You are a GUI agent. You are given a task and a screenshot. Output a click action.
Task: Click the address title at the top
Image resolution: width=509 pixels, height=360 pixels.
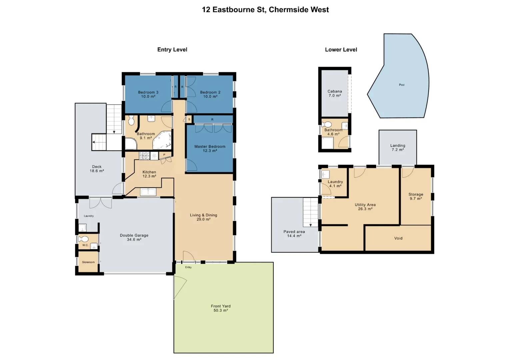[265, 10]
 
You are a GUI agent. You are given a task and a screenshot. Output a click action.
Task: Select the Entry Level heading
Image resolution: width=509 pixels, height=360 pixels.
[172, 50]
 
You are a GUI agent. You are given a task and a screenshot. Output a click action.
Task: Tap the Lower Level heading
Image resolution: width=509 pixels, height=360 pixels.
[341, 50]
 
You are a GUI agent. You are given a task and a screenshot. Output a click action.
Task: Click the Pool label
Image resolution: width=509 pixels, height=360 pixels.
[402, 85]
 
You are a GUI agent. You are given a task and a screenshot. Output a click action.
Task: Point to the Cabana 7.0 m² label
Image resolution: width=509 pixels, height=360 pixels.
[335, 93]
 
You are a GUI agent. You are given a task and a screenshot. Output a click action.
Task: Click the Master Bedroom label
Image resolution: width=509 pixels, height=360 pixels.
[210, 149]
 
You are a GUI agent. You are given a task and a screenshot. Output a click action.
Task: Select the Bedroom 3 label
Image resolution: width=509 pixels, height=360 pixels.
[148, 94]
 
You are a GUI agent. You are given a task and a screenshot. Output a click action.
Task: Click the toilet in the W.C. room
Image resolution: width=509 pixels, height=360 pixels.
[83, 239]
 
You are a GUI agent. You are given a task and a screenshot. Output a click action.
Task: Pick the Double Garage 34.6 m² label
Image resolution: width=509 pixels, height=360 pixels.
[134, 237]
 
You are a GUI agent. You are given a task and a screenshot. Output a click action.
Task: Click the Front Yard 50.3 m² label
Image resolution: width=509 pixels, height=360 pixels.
[221, 308]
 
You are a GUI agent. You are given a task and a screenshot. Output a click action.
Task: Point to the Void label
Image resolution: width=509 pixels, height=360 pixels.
[398, 238]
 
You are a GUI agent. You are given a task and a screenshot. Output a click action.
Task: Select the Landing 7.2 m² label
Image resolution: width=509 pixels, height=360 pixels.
[398, 148]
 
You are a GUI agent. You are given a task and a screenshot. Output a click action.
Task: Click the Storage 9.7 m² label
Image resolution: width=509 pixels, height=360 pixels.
[416, 196]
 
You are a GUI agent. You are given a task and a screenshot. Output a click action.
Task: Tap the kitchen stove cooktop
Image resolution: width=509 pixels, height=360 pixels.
[144, 156]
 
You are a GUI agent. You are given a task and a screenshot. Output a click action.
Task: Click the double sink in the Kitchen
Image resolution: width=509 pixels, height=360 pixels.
[148, 192]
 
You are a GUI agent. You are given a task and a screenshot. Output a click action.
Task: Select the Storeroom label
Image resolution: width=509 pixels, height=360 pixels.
[88, 262]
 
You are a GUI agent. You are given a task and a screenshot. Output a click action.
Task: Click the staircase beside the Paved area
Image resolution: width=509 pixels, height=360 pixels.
[311, 212]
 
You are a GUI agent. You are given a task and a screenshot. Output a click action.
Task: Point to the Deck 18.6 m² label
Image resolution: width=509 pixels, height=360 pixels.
[97, 169]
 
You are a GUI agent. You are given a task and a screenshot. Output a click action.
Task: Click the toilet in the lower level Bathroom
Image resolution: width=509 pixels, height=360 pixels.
[327, 125]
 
